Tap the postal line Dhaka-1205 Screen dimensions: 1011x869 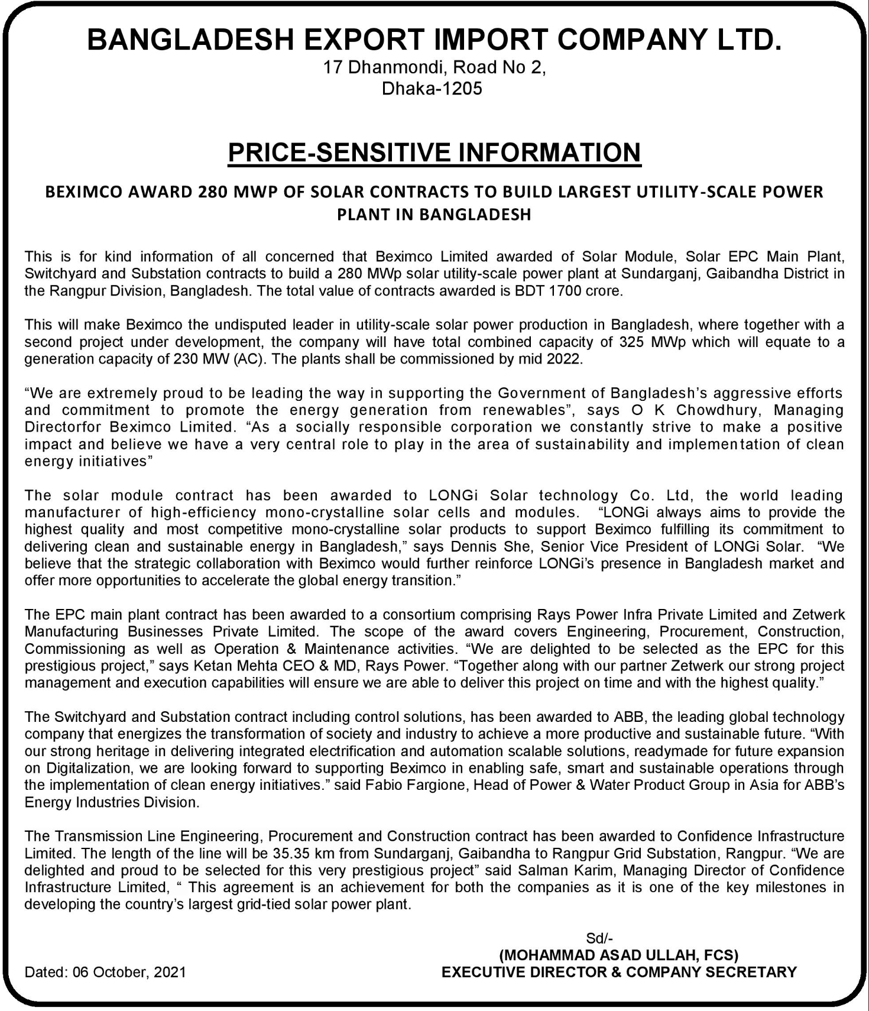tap(432, 89)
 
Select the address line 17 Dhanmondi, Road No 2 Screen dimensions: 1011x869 tap(434, 67)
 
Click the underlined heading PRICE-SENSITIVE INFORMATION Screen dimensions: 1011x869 tap(434, 153)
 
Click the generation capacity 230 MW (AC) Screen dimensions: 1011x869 tap(218, 359)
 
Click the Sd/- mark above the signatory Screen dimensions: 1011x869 tap(599, 938)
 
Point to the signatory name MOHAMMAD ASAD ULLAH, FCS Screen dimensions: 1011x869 tap(619, 955)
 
